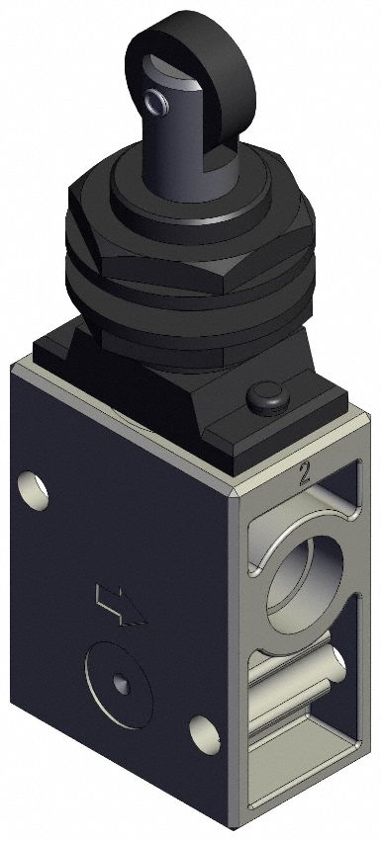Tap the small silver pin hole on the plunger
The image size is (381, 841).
[152, 101]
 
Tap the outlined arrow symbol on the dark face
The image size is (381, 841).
[118, 606]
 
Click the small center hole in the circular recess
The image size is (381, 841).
[120, 683]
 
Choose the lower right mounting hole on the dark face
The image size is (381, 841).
[206, 731]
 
